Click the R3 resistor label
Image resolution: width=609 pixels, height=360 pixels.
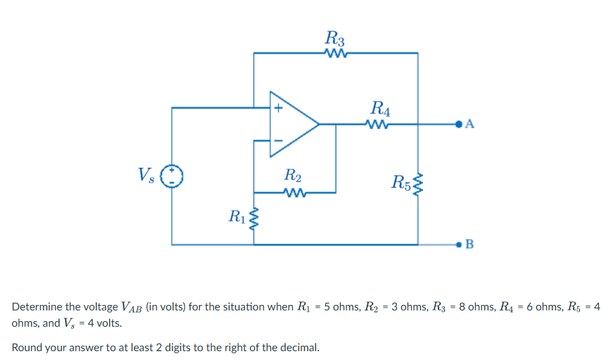(335, 37)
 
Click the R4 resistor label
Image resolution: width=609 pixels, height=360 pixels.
(381, 107)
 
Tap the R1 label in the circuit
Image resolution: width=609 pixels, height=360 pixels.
(237, 217)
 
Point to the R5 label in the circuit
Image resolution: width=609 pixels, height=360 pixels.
(401, 181)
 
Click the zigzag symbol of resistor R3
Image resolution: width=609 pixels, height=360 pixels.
(336, 53)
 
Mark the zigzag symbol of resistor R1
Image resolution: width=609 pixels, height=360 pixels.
(254, 219)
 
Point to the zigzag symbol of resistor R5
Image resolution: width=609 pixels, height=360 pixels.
(418, 182)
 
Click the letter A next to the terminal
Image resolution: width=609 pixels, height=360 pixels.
(471, 124)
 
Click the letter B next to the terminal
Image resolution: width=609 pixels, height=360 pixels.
(470, 244)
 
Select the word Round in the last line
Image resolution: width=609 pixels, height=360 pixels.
(28, 348)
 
